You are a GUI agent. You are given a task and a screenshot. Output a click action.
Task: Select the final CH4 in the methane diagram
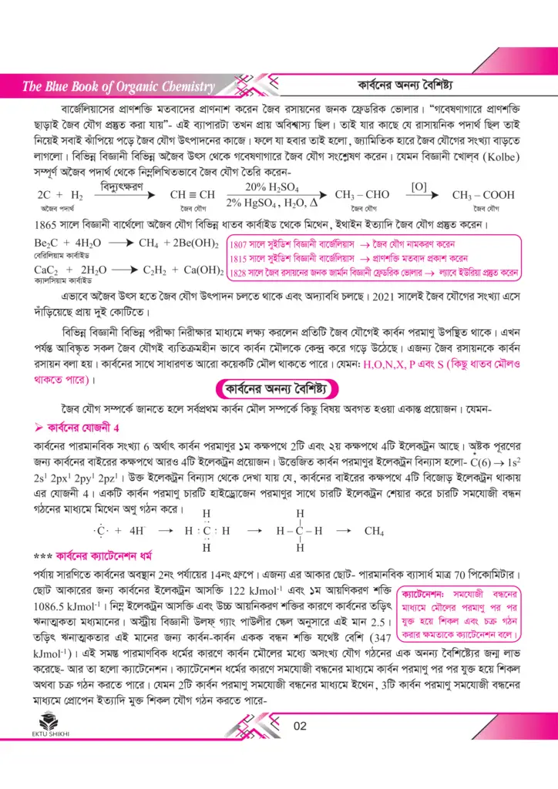pyautogui.click(x=374, y=531)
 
